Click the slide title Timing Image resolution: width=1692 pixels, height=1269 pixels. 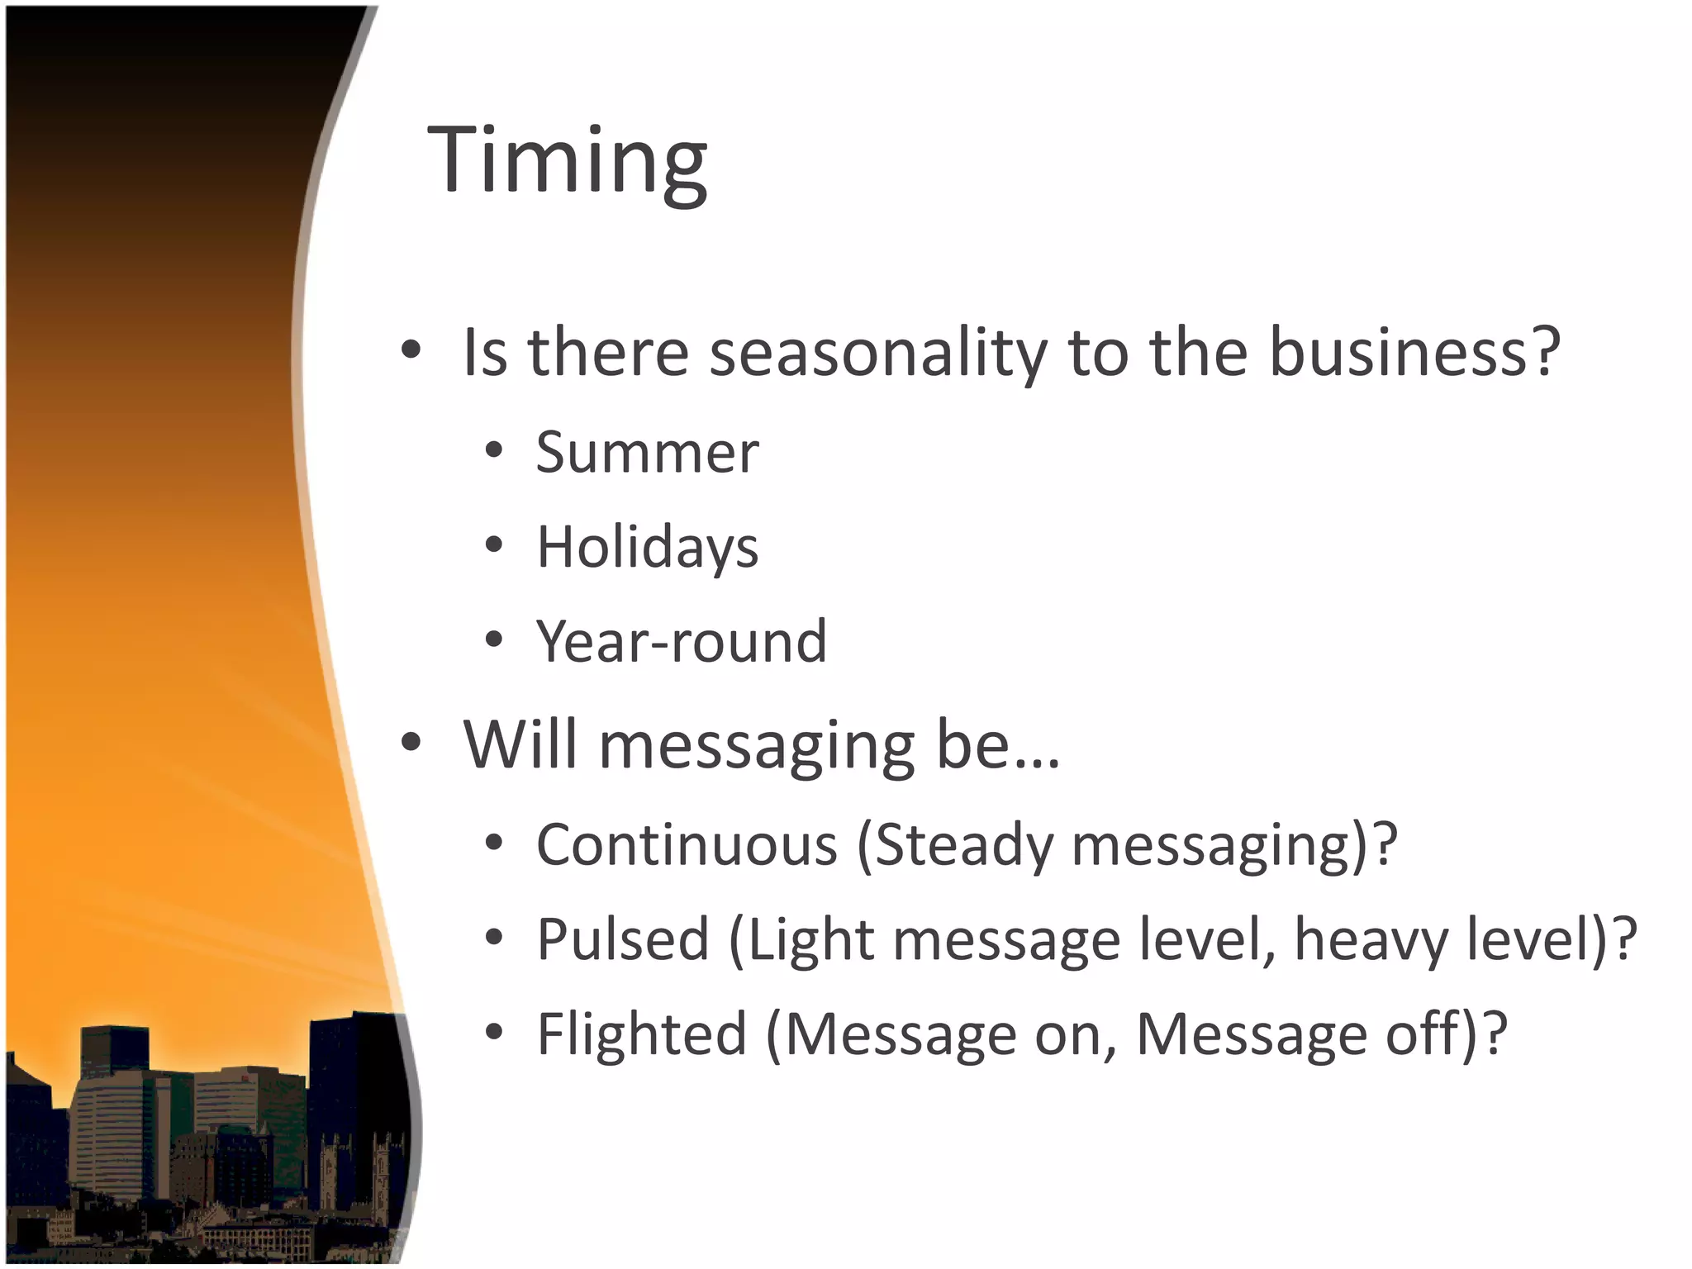567,159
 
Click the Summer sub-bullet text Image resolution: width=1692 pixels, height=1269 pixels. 647,453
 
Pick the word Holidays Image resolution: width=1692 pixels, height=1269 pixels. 647,548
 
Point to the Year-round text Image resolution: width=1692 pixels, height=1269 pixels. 681,642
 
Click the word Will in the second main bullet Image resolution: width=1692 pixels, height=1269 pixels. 520,744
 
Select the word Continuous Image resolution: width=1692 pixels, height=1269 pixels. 687,845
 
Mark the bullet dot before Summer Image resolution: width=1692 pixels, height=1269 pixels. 494,451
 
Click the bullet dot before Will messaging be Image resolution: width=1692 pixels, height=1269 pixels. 411,743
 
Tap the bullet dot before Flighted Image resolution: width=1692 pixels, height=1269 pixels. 494,1032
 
